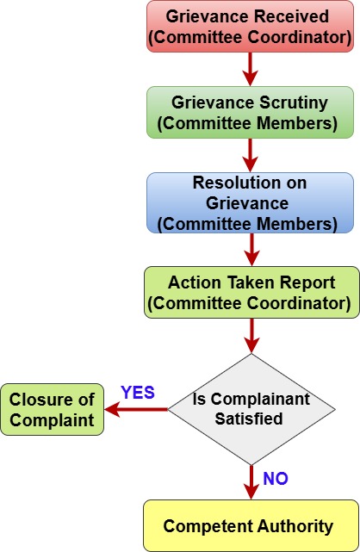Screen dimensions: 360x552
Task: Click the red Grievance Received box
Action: pos(250,27)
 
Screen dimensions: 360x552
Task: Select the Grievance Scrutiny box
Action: pos(250,112)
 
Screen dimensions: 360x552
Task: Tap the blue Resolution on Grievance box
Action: pos(250,202)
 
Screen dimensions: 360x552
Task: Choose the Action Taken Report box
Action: pos(251,293)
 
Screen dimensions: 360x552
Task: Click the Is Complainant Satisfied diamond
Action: pos(251,409)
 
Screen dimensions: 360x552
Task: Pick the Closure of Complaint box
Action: pos(52,409)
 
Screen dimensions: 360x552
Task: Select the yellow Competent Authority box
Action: pos(251,525)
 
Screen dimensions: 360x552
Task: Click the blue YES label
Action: pos(138,393)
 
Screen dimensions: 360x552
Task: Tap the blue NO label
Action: pos(276,479)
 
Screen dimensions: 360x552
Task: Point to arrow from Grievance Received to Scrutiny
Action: pos(251,70)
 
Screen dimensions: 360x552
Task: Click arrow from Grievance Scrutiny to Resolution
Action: pos(251,155)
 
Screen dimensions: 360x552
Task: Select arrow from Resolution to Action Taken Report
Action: pos(251,250)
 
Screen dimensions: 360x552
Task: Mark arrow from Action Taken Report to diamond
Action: pos(251,336)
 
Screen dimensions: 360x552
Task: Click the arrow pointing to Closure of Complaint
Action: pos(136,409)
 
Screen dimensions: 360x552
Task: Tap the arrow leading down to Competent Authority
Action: pos(251,482)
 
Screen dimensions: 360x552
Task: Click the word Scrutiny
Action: pos(294,102)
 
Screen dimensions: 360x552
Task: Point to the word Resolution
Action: pos(227,183)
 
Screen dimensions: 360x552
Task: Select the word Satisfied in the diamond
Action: pos(249,419)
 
